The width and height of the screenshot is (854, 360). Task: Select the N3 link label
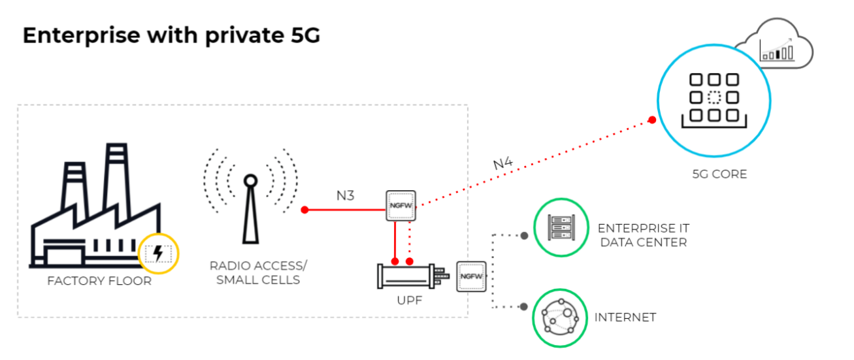pyautogui.click(x=345, y=196)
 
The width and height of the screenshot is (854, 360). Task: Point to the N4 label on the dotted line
pyautogui.click(x=502, y=163)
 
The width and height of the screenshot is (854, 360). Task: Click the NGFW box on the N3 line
pyautogui.click(x=401, y=206)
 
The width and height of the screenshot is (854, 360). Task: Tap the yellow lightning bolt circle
pyautogui.click(x=158, y=253)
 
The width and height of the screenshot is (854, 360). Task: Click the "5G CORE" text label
pyautogui.click(x=719, y=175)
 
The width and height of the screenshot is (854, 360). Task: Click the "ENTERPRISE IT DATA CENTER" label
pyautogui.click(x=644, y=235)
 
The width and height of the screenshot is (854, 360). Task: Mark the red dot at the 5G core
pyautogui.click(x=651, y=120)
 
